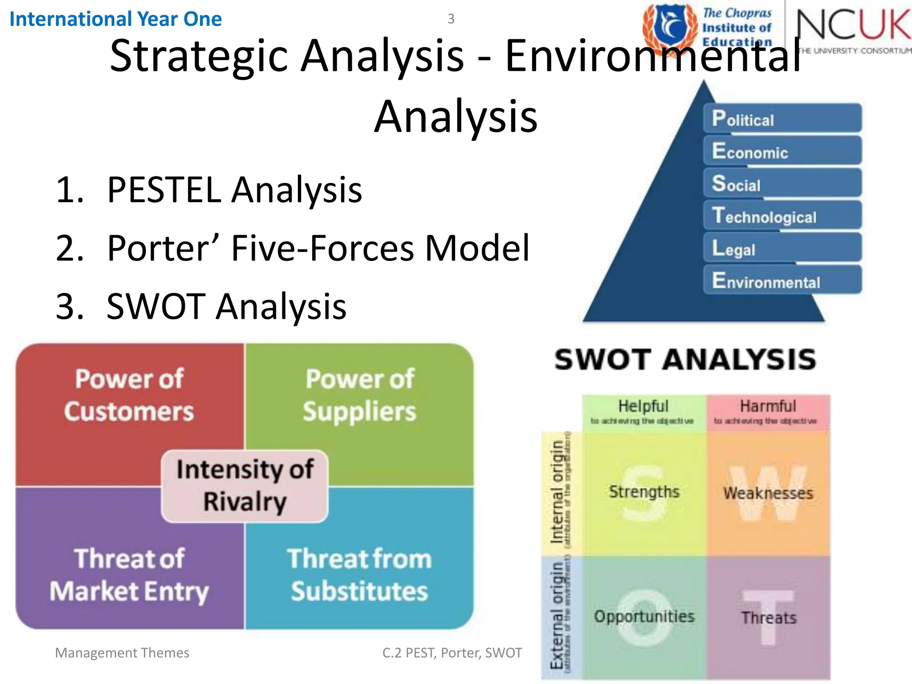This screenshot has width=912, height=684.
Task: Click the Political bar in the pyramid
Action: pyautogui.click(x=782, y=118)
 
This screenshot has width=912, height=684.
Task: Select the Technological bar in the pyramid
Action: pyautogui.click(x=782, y=216)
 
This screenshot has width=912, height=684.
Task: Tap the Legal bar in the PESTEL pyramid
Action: pyautogui.click(x=782, y=248)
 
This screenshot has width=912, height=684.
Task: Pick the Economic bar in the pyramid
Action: pyautogui.click(x=782, y=151)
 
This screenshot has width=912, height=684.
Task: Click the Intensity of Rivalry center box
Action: pyautogui.click(x=244, y=486)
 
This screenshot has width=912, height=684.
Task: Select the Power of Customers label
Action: pyautogui.click(x=129, y=395)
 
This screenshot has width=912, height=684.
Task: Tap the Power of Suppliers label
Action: pyautogui.click(x=359, y=395)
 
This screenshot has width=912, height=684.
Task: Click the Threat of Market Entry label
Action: pyautogui.click(x=129, y=574)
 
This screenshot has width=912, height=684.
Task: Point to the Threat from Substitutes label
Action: pyautogui.click(x=359, y=574)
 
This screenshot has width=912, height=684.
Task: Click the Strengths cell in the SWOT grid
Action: pyautogui.click(x=644, y=493)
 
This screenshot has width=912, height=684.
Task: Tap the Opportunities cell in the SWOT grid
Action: pyautogui.click(x=644, y=617)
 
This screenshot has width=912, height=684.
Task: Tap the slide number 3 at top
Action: pyautogui.click(x=451, y=19)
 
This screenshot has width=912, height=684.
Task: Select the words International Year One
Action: pyautogui.click(x=115, y=19)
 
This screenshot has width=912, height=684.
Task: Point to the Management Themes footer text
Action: pyautogui.click(x=122, y=653)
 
